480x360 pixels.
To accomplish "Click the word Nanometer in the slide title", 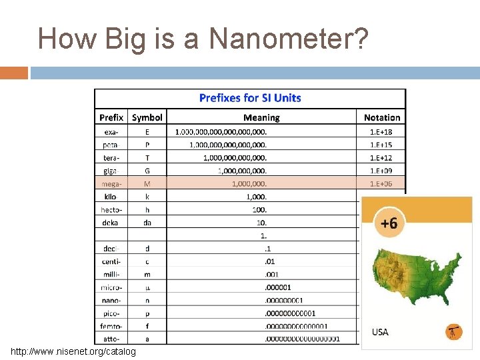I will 289,39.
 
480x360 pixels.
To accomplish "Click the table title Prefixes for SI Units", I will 250,98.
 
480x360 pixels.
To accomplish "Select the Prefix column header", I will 111,117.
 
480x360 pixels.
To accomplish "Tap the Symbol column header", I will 147,117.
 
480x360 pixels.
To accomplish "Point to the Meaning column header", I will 261,117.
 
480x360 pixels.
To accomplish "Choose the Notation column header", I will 382,117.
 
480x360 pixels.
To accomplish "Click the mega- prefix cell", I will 111,183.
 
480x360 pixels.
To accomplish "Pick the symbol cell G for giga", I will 147,171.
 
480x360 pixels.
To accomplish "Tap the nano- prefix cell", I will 111,300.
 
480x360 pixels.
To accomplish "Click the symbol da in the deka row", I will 147,223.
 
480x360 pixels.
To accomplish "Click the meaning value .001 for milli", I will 271,274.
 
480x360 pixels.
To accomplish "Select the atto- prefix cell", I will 111,339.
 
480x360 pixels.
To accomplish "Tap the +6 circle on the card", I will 389,223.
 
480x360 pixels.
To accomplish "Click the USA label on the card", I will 380,331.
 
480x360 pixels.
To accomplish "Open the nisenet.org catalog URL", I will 73,351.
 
